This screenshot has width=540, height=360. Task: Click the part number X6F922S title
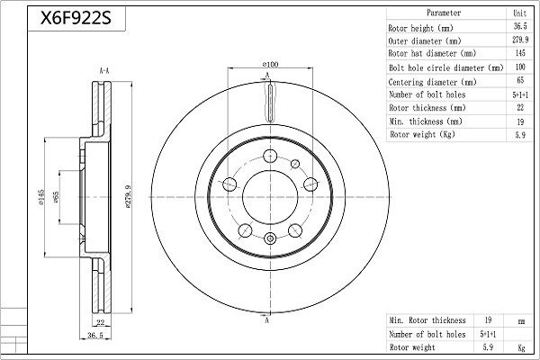(76, 18)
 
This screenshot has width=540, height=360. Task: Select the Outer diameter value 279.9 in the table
(520, 40)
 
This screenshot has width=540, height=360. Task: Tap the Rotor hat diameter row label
(432, 53)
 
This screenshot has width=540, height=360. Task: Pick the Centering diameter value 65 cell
(520, 80)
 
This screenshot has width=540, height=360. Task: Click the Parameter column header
(444, 13)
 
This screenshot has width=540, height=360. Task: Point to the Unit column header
(519, 13)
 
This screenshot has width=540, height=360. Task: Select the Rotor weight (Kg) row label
(423, 134)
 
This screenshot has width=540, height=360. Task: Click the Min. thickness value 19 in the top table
(520, 121)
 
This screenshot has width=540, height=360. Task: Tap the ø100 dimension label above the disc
(270, 64)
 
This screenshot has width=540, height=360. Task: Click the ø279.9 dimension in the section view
(128, 197)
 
